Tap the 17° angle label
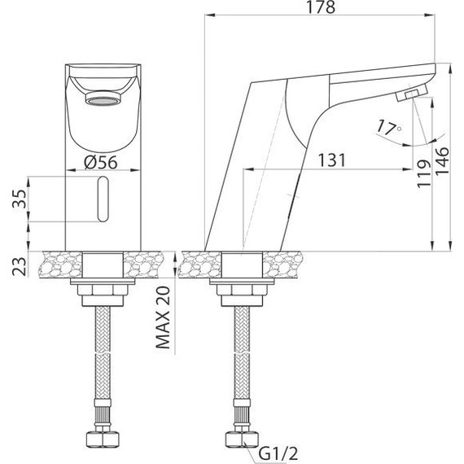tap(388, 127)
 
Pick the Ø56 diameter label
tap(103, 161)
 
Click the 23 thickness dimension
tap(19, 266)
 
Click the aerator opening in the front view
tap(103, 101)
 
